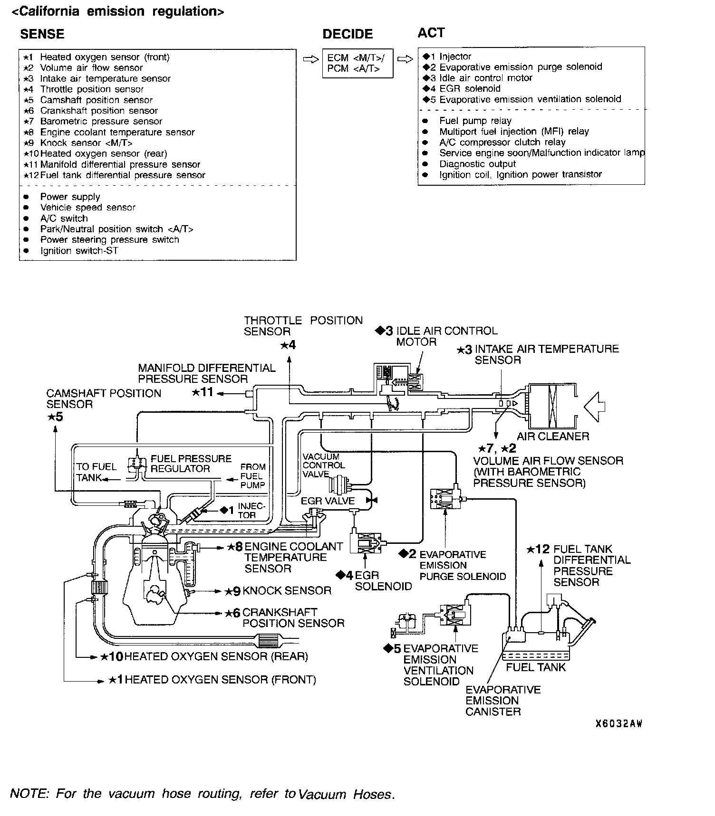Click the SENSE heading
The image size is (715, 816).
point(42,34)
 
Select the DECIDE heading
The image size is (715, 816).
point(348,34)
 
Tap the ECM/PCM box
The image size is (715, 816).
point(357,63)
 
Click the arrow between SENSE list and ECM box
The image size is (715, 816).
point(309,60)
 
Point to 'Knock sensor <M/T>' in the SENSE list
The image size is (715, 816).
point(86,143)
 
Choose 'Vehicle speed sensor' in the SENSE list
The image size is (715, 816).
point(87,208)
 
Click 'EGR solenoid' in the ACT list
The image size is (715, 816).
point(470,88)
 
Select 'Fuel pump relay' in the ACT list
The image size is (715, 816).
point(475,121)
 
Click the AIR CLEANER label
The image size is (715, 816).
point(553,436)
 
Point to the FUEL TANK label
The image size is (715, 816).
point(535,667)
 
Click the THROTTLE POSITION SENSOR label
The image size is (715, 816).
point(303,326)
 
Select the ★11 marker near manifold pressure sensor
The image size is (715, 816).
point(203,393)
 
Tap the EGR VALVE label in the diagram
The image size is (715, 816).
point(328,501)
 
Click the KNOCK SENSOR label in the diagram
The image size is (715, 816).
point(287,590)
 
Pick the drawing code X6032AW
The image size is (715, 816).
point(618,724)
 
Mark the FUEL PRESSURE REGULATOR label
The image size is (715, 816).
point(191,464)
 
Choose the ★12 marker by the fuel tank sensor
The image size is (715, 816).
point(538,550)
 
